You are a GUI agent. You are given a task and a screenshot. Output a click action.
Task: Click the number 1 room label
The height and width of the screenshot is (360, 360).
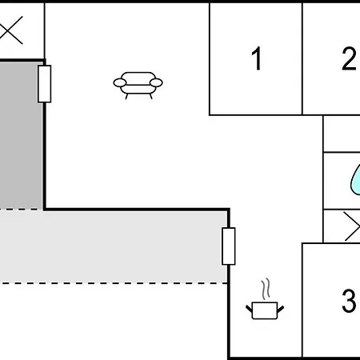(257, 58)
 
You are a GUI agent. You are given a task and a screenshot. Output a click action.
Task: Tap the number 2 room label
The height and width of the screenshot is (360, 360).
(350, 58)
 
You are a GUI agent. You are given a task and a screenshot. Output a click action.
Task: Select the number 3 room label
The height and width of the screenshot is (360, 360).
(350, 300)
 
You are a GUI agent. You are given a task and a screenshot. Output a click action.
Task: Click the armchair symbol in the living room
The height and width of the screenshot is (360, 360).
(138, 85)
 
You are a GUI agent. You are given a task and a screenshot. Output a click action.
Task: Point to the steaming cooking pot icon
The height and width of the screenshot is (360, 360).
(265, 299)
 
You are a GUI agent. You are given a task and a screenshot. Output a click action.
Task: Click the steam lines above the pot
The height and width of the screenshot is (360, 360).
(266, 289)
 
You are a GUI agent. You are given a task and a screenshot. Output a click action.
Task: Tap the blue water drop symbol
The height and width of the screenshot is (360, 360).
(355, 180)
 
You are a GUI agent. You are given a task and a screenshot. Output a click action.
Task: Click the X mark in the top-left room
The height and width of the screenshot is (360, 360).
(10, 30)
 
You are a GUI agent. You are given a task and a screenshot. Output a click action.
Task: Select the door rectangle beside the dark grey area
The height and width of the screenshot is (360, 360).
(45, 84)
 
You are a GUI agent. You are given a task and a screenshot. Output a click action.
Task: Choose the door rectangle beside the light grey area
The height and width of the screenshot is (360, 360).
(229, 246)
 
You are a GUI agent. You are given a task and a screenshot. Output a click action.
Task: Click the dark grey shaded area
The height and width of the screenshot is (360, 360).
(22, 135)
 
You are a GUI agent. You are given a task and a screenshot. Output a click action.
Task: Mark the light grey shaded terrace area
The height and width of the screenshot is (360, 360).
(114, 246)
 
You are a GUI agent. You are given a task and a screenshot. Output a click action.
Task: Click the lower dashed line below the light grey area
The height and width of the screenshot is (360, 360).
(114, 283)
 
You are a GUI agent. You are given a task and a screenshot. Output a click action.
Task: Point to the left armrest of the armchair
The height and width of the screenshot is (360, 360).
(120, 83)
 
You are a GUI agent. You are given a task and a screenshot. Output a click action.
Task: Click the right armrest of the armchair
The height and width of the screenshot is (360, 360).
(156, 83)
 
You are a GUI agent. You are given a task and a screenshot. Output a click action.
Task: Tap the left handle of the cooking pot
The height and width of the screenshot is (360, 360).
(249, 310)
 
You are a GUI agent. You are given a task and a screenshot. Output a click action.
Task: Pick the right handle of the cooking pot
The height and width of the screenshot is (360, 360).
(281, 310)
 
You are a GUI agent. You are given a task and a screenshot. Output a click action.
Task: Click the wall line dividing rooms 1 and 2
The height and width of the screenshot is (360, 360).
(302, 59)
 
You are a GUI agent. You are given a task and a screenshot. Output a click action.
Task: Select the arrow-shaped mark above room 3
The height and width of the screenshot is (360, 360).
(352, 226)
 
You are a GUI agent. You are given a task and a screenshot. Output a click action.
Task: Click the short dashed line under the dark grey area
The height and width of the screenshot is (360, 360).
(22, 210)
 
